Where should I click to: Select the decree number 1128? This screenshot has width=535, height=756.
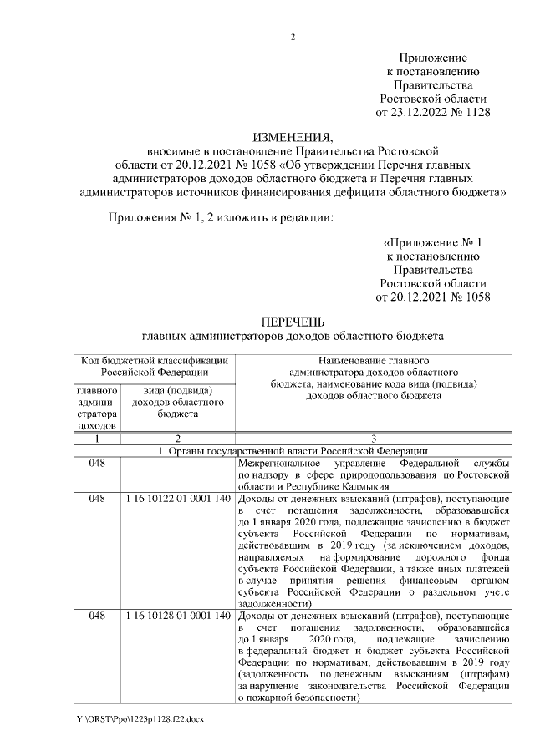(476, 111)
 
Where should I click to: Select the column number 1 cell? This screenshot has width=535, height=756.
(98, 438)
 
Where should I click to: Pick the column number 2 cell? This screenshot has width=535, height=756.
(177, 438)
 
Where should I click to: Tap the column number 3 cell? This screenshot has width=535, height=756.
(373, 438)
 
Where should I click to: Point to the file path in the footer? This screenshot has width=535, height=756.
(138, 718)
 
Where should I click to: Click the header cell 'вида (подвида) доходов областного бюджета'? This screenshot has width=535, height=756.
(177, 402)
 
